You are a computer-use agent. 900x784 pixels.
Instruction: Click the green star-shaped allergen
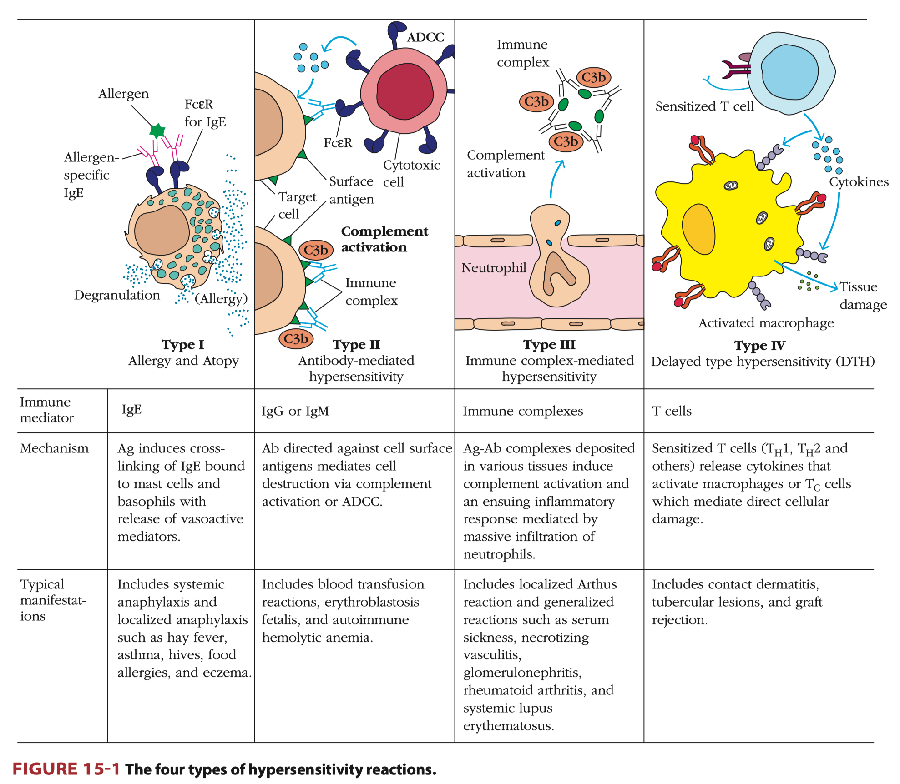point(157,131)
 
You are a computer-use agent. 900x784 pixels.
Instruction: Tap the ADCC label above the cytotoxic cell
point(425,37)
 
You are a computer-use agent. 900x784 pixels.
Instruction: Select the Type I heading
point(183,345)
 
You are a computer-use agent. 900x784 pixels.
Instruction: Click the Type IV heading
point(759,346)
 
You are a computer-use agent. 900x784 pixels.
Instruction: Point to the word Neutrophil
point(494,268)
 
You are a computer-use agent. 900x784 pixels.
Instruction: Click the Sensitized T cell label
point(704,106)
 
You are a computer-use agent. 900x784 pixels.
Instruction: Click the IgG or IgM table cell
point(295,411)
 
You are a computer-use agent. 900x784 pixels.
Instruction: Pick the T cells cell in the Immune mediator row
point(672,411)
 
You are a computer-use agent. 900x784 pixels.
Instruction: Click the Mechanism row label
point(54,448)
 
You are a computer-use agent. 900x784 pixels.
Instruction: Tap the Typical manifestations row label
point(52,600)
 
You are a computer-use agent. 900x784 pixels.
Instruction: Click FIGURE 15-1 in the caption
point(66,769)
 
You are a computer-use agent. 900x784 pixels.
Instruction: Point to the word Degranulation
point(117,295)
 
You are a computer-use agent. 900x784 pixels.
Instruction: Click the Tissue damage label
point(862,296)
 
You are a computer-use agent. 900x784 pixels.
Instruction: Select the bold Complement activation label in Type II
point(384,239)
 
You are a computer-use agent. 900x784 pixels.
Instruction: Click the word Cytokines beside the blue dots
point(859,182)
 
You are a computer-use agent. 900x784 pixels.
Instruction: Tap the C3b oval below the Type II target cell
point(296,339)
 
